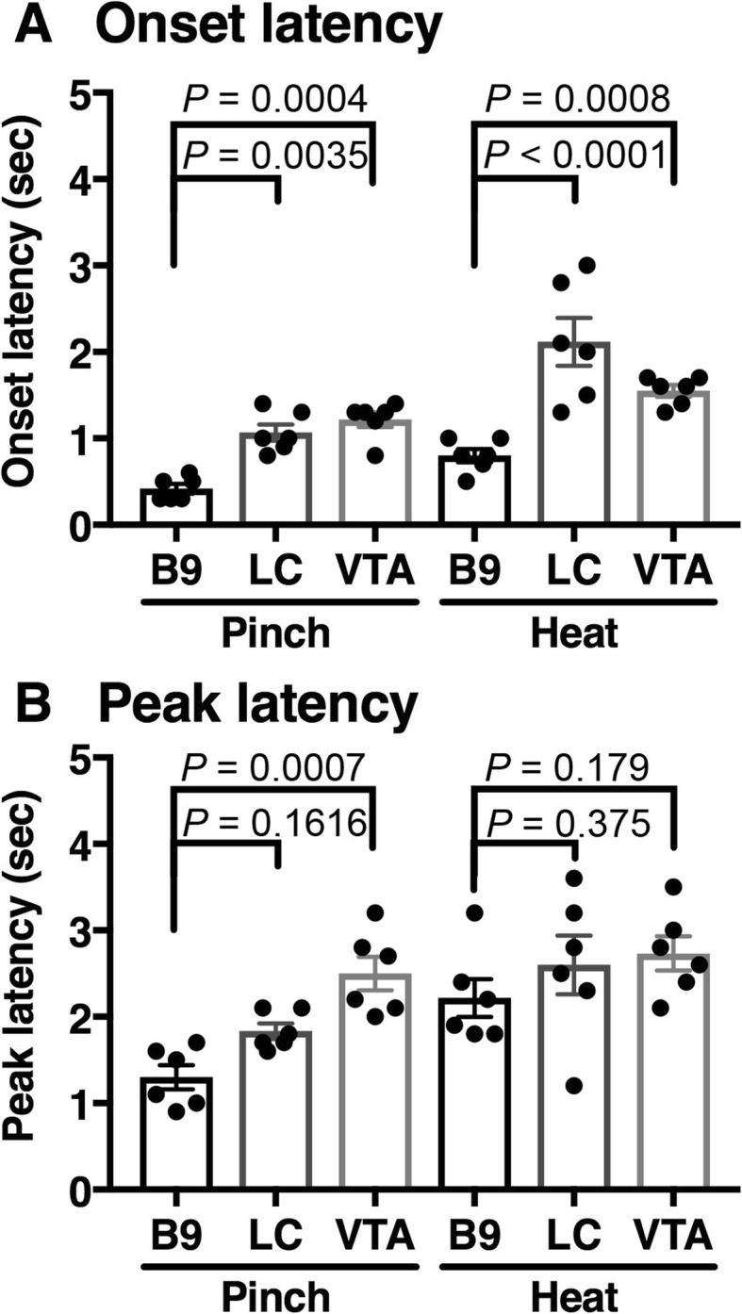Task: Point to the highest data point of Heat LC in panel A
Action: click(586, 265)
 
